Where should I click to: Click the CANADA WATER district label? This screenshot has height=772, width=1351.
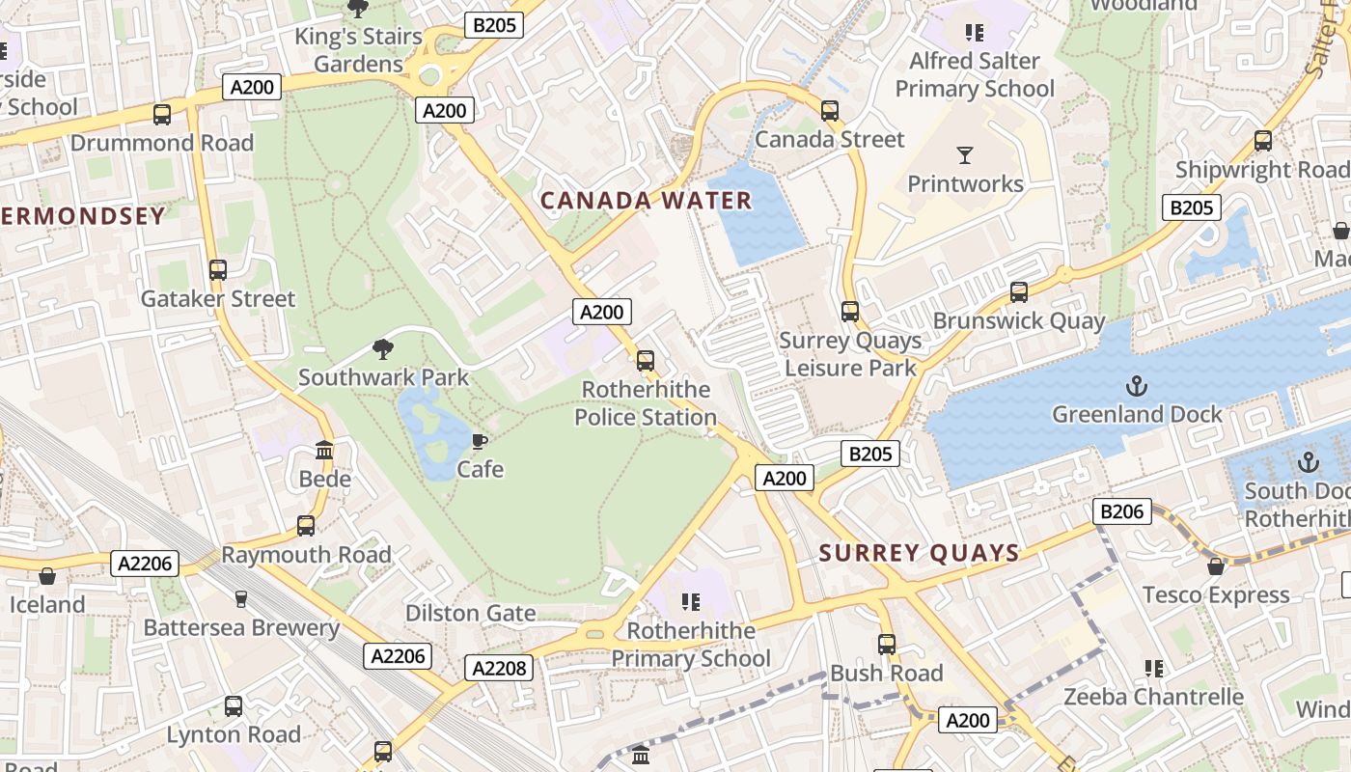click(x=646, y=201)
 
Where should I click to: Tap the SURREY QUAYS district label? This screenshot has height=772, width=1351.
click(x=919, y=553)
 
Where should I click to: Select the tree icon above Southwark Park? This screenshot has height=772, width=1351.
click(x=383, y=349)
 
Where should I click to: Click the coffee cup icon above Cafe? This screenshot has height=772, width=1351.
click(x=479, y=442)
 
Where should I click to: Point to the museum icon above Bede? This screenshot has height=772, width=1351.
click(x=324, y=451)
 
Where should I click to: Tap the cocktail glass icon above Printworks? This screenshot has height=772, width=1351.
click(x=964, y=155)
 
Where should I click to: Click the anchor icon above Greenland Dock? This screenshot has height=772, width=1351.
click(x=1136, y=386)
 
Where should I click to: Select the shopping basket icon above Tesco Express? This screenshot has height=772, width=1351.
click(x=1216, y=566)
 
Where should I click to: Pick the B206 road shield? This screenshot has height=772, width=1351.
click(x=1122, y=510)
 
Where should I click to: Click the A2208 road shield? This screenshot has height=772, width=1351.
click(x=498, y=667)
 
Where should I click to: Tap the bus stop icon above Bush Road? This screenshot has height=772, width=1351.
click(x=886, y=644)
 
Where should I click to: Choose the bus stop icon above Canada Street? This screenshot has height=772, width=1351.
click(x=829, y=111)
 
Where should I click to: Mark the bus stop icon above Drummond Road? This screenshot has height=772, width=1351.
click(x=162, y=115)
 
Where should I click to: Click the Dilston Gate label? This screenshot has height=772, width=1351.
click(x=470, y=613)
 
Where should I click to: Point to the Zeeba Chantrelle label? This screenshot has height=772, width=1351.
click(x=1153, y=697)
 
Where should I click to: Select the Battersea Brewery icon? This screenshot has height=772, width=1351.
click(x=241, y=599)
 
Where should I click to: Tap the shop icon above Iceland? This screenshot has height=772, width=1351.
click(x=47, y=576)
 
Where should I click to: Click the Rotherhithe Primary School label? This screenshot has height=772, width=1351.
click(x=690, y=645)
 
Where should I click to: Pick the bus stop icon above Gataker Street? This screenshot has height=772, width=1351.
click(x=218, y=270)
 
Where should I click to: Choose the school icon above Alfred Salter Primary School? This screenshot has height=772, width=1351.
click(x=975, y=33)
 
